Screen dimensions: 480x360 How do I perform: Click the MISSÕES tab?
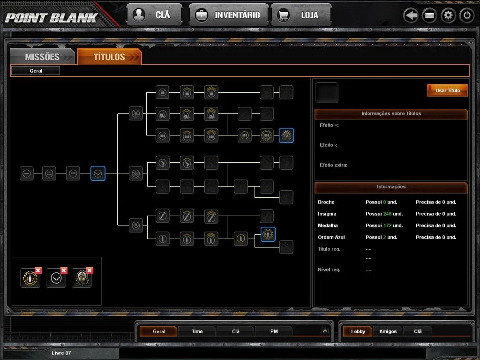point(42,57)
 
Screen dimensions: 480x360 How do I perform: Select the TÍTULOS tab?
point(109,57)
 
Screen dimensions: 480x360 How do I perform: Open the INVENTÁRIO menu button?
point(229,15)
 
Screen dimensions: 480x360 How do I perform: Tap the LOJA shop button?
point(301,15)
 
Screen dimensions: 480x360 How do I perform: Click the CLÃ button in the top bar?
point(154,15)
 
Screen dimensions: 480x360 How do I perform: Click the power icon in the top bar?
point(467,15)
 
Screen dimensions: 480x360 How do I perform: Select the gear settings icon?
point(448,15)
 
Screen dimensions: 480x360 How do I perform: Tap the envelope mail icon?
point(429,15)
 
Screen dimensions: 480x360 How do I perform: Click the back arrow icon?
point(411,15)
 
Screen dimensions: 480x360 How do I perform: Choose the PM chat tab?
point(274,331)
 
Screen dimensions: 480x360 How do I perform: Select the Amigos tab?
point(388,331)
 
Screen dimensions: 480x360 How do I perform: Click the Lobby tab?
point(358,331)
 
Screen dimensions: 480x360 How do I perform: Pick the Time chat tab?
point(197,331)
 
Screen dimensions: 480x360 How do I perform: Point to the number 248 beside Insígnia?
point(387,214)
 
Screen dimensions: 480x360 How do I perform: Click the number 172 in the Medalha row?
point(387,225)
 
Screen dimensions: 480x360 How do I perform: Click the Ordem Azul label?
point(331,237)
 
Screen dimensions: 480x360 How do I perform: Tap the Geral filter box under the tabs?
point(36,71)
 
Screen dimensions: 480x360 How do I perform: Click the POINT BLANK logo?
point(52,18)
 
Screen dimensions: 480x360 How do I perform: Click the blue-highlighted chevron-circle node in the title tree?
point(98,173)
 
